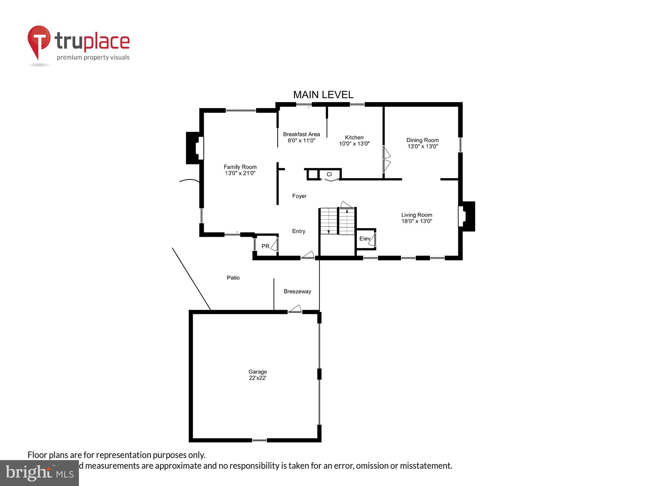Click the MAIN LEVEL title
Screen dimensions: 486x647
click(x=323, y=95)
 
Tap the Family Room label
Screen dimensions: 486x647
click(x=240, y=167)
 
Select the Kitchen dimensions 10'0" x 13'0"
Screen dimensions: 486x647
click(x=354, y=144)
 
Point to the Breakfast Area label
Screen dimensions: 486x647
click(x=301, y=134)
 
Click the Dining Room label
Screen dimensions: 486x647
click(x=422, y=140)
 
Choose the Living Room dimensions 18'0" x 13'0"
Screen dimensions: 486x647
click(x=417, y=221)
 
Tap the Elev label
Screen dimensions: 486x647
click(x=365, y=238)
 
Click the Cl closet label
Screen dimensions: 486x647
click(x=329, y=174)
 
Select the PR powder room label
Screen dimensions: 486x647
click(x=265, y=246)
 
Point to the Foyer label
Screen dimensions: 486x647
click(x=299, y=196)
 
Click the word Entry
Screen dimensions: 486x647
click(x=299, y=231)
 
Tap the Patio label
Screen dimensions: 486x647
click(x=233, y=278)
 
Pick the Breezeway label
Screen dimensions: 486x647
click(x=297, y=291)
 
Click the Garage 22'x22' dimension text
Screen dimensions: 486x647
click(x=258, y=378)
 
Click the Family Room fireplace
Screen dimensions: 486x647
click(x=195, y=148)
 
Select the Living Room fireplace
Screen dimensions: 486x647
click(x=466, y=216)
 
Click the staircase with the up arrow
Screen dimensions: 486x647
click(x=347, y=221)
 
